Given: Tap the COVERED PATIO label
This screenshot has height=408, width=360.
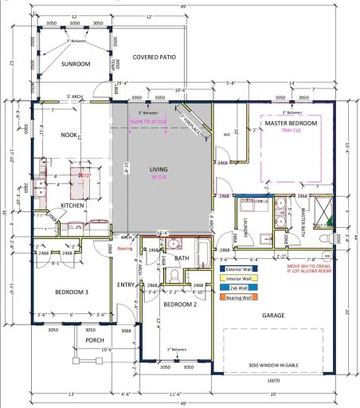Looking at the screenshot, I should [154, 57].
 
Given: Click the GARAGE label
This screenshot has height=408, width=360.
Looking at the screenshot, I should [273, 315].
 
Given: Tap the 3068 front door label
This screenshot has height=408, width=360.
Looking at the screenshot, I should [125, 329].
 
